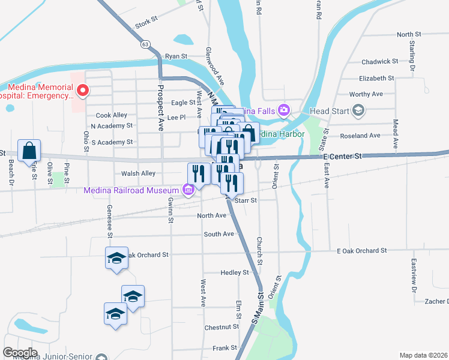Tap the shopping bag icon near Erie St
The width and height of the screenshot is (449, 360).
(29, 151)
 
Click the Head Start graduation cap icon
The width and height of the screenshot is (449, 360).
(358, 110)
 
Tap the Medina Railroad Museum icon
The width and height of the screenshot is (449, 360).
(188, 191)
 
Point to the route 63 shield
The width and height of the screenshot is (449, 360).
(145, 44)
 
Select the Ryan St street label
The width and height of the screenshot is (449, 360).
(176, 56)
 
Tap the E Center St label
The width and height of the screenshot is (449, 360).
(343, 156)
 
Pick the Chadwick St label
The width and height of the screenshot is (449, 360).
(379, 61)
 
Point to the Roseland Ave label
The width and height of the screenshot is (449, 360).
(360, 136)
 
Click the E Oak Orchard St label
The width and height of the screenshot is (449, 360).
(361, 250)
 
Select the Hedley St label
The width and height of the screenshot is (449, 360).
(234, 272)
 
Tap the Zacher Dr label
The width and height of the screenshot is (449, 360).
(432, 301)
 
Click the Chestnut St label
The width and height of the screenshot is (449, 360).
(221, 327)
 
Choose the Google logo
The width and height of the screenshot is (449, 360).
(20, 353)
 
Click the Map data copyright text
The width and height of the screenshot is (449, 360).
(424, 355)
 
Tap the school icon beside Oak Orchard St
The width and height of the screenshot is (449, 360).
(116, 259)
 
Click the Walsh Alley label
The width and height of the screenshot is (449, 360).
(138, 173)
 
